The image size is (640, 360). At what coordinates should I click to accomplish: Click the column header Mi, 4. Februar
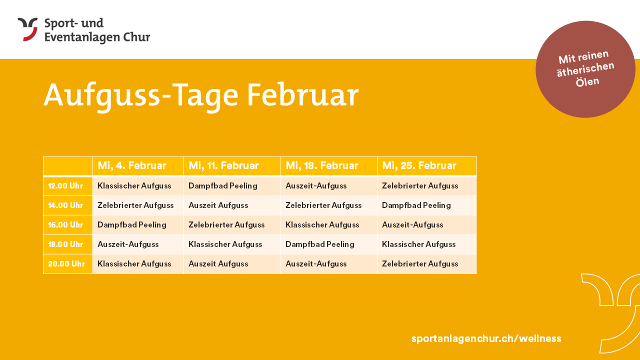click(132, 165)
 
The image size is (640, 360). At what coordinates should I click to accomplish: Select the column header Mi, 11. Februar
click(223, 165)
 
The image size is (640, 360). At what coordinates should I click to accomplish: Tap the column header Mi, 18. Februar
click(322, 165)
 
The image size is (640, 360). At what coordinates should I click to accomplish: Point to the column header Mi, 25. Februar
click(419, 165)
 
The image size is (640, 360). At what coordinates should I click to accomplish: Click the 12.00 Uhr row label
click(65, 186)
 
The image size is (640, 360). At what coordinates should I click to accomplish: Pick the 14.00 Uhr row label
click(65, 205)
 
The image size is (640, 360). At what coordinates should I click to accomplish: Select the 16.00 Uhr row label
click(65, 225)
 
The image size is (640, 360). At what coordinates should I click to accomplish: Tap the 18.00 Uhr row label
click(65, 244)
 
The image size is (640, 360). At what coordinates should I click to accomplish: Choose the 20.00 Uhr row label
click(66, 263)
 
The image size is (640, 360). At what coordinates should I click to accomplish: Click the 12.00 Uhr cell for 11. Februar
click(223, 186)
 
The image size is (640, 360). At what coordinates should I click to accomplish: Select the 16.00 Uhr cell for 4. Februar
click(131, 225)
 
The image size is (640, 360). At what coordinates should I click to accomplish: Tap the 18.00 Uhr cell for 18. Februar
click(319, 244)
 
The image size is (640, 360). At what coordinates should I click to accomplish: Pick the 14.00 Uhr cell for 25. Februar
click(416, 205)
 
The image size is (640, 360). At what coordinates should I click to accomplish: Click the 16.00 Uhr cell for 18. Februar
click(322, 225)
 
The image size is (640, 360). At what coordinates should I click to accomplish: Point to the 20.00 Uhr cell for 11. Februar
click(218, 263)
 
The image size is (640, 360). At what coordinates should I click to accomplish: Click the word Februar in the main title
click(303, 95)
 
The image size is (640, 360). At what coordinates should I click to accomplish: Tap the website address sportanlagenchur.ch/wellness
click(486, 338)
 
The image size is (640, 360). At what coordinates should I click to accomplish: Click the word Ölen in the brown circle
click(587, 82)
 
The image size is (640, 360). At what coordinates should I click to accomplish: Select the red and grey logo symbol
click(28, 29)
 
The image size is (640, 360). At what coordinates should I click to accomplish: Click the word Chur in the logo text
click(136, 37)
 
